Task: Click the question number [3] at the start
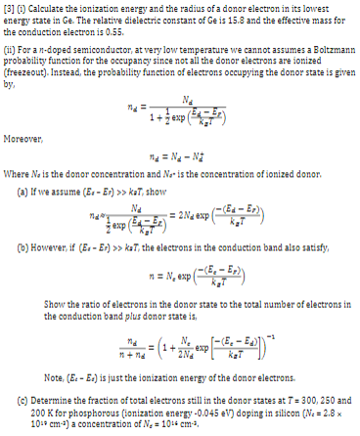click(x=7, y=10)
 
